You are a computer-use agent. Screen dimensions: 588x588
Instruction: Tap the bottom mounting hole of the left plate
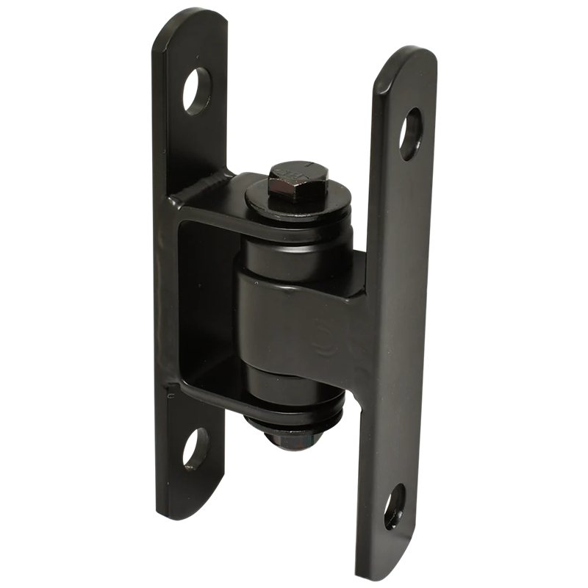click(196, 448)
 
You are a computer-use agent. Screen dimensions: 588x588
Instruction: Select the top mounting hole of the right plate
click(410, 135)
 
